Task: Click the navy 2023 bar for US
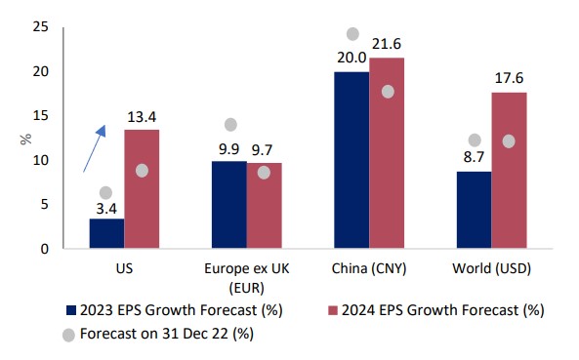click(x=106, y=233)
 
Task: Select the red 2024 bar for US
click(x=142, y=189)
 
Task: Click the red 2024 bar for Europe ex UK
click(x=264, y=205)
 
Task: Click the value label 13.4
click(x=143, y=118)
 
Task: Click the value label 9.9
click(x=229, y=149)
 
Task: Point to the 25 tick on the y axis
click(x=42, y=27)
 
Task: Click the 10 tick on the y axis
click(x=42, y=160)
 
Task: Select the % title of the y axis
click(x=24, y=138)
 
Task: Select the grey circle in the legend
click(x=69, y=333)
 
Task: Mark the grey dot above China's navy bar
click(x=353, y=34)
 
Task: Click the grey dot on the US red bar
click(x=142, y=170)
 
